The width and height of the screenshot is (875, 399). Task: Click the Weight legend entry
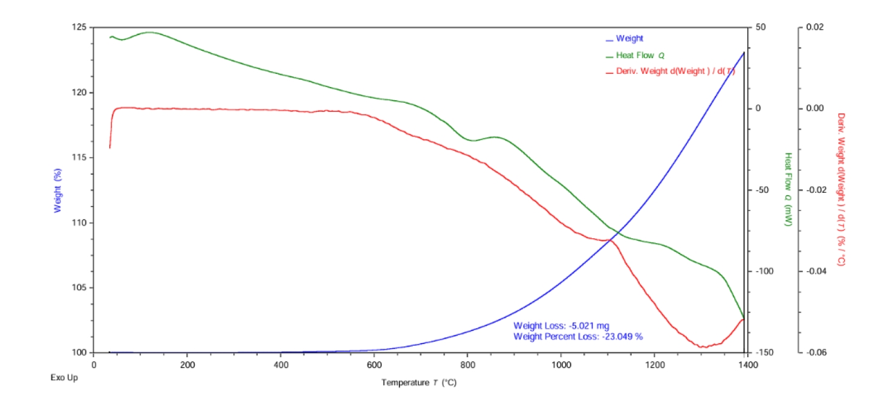(x=629, y=39)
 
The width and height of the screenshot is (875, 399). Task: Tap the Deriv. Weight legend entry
(x=675, y=71)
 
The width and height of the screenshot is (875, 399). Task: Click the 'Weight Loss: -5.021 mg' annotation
(x=565, y=326)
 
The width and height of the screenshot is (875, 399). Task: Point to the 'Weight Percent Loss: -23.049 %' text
(x=577, y=336)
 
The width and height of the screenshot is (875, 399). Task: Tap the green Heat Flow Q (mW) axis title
(x=788, y=189)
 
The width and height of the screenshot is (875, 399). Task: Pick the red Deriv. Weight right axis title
(x=840, y=189)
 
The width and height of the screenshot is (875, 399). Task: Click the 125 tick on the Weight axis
(x=79, y=28)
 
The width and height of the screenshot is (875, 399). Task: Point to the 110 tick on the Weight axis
(x=79, y=223)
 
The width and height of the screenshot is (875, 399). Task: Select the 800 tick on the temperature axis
(x=467, y=365)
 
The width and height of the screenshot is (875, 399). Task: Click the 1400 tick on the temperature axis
(x=747, y=365)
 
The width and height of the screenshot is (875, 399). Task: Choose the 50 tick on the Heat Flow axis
(x=759, y=28)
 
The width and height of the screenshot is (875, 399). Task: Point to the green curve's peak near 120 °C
(x=149, y=32)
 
